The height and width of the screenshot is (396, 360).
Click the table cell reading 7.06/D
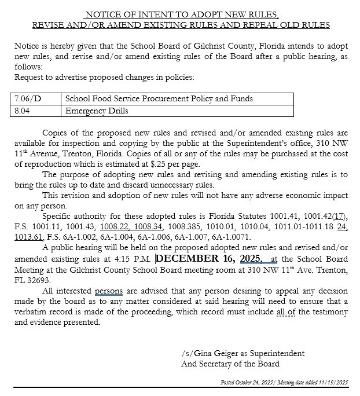click(x=25, y=99)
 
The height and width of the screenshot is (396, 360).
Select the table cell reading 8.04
click(x=21, y=110)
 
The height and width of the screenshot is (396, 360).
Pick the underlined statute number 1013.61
click(x=27, y=237)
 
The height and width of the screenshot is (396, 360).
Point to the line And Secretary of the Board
click(x=230, y=364)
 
